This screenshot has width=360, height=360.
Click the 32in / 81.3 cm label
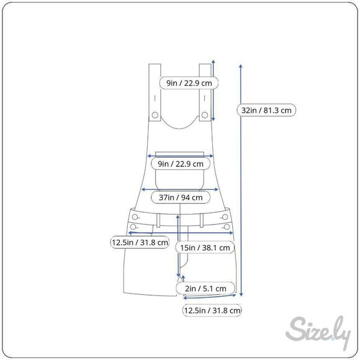click(266, 110)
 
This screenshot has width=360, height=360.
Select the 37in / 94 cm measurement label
click(181, 197)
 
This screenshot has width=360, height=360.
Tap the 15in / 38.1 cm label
click(205, 248)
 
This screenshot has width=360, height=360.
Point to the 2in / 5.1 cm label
click(205, 289)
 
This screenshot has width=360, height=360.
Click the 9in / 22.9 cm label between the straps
click(189, 83)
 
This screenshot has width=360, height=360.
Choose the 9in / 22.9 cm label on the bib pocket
click(181, 164)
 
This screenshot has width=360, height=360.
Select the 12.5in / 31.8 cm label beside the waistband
click(140, 242)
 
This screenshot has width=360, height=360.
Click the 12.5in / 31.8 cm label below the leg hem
click(212, 310)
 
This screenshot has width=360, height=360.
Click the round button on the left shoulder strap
click(155, 115)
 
